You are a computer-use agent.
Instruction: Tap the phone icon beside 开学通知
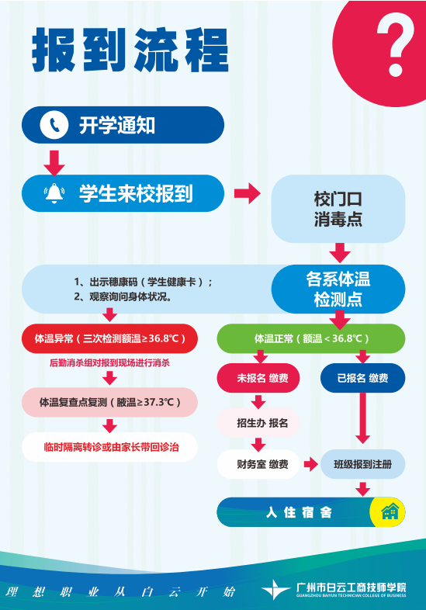tap(54, 125)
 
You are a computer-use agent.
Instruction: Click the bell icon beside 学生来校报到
tap(54, 193)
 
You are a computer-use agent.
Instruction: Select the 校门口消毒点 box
tap(338, 209)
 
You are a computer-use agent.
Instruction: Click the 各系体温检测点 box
tap(338, 289)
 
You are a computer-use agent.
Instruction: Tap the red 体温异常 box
tap(109, 339)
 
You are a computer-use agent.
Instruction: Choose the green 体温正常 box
tap(310, 339)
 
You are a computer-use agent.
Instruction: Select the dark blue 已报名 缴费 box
tap(362, 378)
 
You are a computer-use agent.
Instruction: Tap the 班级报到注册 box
tap(362, 465)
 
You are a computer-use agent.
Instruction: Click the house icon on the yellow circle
tap(390, 511)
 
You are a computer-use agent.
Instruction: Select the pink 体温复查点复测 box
tap(109, 402)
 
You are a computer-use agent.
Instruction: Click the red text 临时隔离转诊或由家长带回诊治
tap(109, 447)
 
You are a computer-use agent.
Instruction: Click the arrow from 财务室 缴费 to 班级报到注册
tap(310, 465)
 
